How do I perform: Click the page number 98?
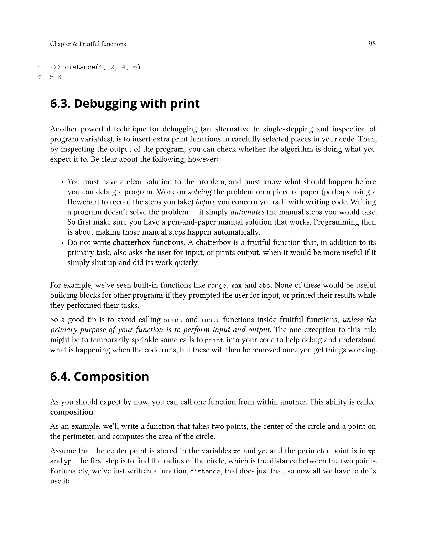[x=372, y=44]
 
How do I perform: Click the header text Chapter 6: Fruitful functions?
[x=88, y=44]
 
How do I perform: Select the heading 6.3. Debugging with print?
[x=125, y=104]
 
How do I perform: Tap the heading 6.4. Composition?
[x=99, y=376]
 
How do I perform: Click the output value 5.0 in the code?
[x=56, y=77]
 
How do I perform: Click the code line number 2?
[x=40, y=77]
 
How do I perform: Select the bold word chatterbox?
[x=131, y=242]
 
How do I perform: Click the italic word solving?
[x=200, y=192]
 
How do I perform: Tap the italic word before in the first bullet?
[x=206, y=202]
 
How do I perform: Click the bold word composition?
[x=72, y=412]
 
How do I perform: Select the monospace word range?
[x=217, y=286]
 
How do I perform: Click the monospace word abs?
[x=265, y=286]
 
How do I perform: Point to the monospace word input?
[x=210, y=320]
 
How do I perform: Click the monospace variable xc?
[x=237, y=451]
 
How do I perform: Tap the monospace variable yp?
[x=67, y=461]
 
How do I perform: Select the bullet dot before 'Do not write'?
[x=63, y=243]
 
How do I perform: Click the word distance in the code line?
[x=80, y=67]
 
